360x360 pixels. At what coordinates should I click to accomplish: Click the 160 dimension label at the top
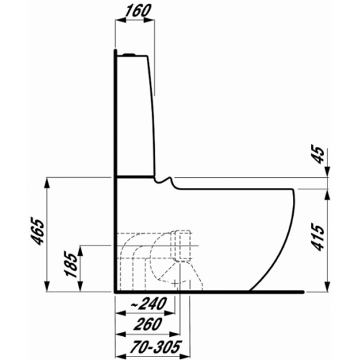134,12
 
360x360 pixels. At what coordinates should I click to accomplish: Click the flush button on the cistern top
130,53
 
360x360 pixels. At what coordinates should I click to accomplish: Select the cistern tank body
135,115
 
